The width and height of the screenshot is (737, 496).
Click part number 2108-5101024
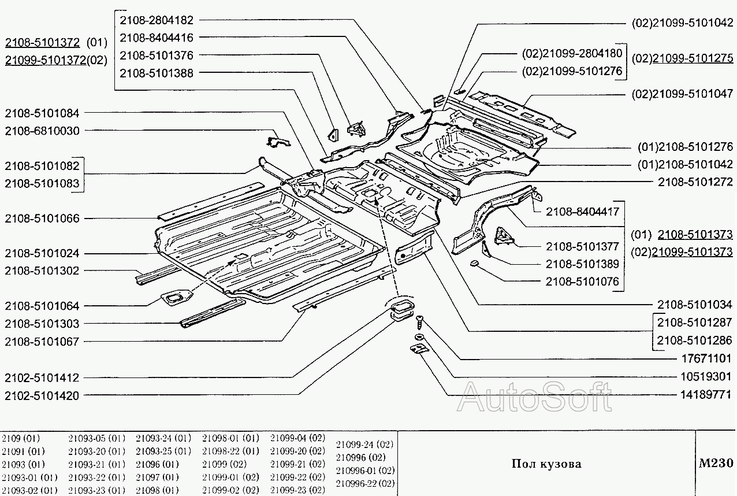tap(42, 253)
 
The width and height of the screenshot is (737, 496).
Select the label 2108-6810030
tap(42, 131)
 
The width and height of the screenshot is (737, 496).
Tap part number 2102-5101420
tap(42, 395)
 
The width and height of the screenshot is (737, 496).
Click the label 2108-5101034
tap(695, 304)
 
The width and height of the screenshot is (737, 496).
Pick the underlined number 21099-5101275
tap(693, 58)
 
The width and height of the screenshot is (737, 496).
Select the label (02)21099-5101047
tap(682, 94)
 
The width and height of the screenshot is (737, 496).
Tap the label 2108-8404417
tap(582, 212)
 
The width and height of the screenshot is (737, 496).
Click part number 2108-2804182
tap(157, 20)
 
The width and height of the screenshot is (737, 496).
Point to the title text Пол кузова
tap(546, 464)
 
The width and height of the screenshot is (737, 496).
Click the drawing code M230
tap(715, 463)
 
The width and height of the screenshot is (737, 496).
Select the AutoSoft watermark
tap(534, 397)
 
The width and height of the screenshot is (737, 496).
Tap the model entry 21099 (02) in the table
tap(224, 464)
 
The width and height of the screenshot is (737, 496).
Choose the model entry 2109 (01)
tap(21, 438)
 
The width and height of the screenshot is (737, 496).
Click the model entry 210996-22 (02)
tap(365, 483)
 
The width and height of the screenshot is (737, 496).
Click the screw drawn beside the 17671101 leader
tap(419, 320)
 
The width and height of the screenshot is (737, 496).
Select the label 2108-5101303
tap(42, 324)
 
